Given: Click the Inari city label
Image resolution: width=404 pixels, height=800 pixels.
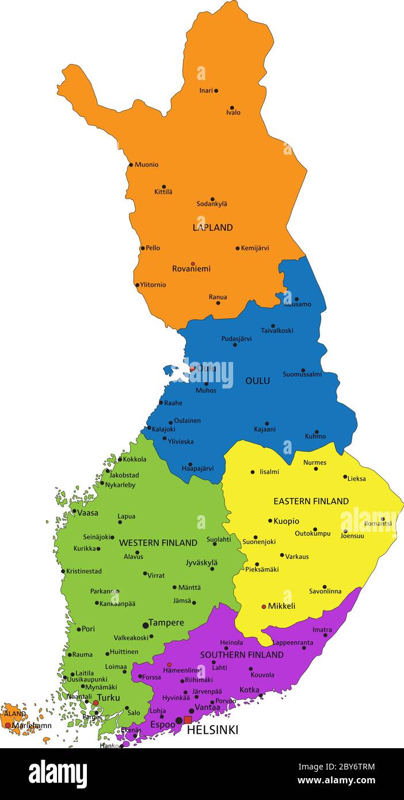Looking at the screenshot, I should pos(206,90).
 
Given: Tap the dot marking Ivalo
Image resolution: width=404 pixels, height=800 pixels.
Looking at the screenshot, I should pos(232,108).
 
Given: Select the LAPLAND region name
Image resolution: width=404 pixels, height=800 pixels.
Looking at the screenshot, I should pos(212,227).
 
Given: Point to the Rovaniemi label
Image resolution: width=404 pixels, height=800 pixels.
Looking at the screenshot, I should pos(191,269).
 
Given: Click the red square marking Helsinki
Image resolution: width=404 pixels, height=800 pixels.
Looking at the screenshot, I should pos(188,719).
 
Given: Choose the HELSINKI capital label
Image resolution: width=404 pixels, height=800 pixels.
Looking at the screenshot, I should pos(212,730).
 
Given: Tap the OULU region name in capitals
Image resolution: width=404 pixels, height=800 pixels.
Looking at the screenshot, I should pos(257,381).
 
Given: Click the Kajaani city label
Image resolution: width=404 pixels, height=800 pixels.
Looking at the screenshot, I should pos(265,429).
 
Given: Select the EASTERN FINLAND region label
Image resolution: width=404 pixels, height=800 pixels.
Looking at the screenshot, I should pos(311,501).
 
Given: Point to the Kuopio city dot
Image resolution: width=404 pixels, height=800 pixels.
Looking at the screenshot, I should pos(270,521).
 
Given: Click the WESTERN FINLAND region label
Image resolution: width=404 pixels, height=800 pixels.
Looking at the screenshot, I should pos(158,543).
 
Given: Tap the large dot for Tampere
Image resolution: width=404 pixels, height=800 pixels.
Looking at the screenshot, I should pos(146,625).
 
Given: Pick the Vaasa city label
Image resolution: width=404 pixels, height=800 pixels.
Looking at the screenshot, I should pos(87,513).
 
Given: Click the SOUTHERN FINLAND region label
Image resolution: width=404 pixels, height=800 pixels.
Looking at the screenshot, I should pos(242,655).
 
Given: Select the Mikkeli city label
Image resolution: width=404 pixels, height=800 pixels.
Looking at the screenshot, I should pos(281,606).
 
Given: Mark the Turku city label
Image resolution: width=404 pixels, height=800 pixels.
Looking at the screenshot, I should pos(108,698).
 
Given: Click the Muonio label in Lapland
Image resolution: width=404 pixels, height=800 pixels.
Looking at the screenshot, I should pos(146,165).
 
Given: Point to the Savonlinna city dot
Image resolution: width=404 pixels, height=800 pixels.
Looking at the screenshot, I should pos(325,586).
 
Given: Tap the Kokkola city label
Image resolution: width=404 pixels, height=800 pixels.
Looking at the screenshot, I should pos(134,459).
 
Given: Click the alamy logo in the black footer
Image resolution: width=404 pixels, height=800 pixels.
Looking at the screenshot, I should pos(58,774).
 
